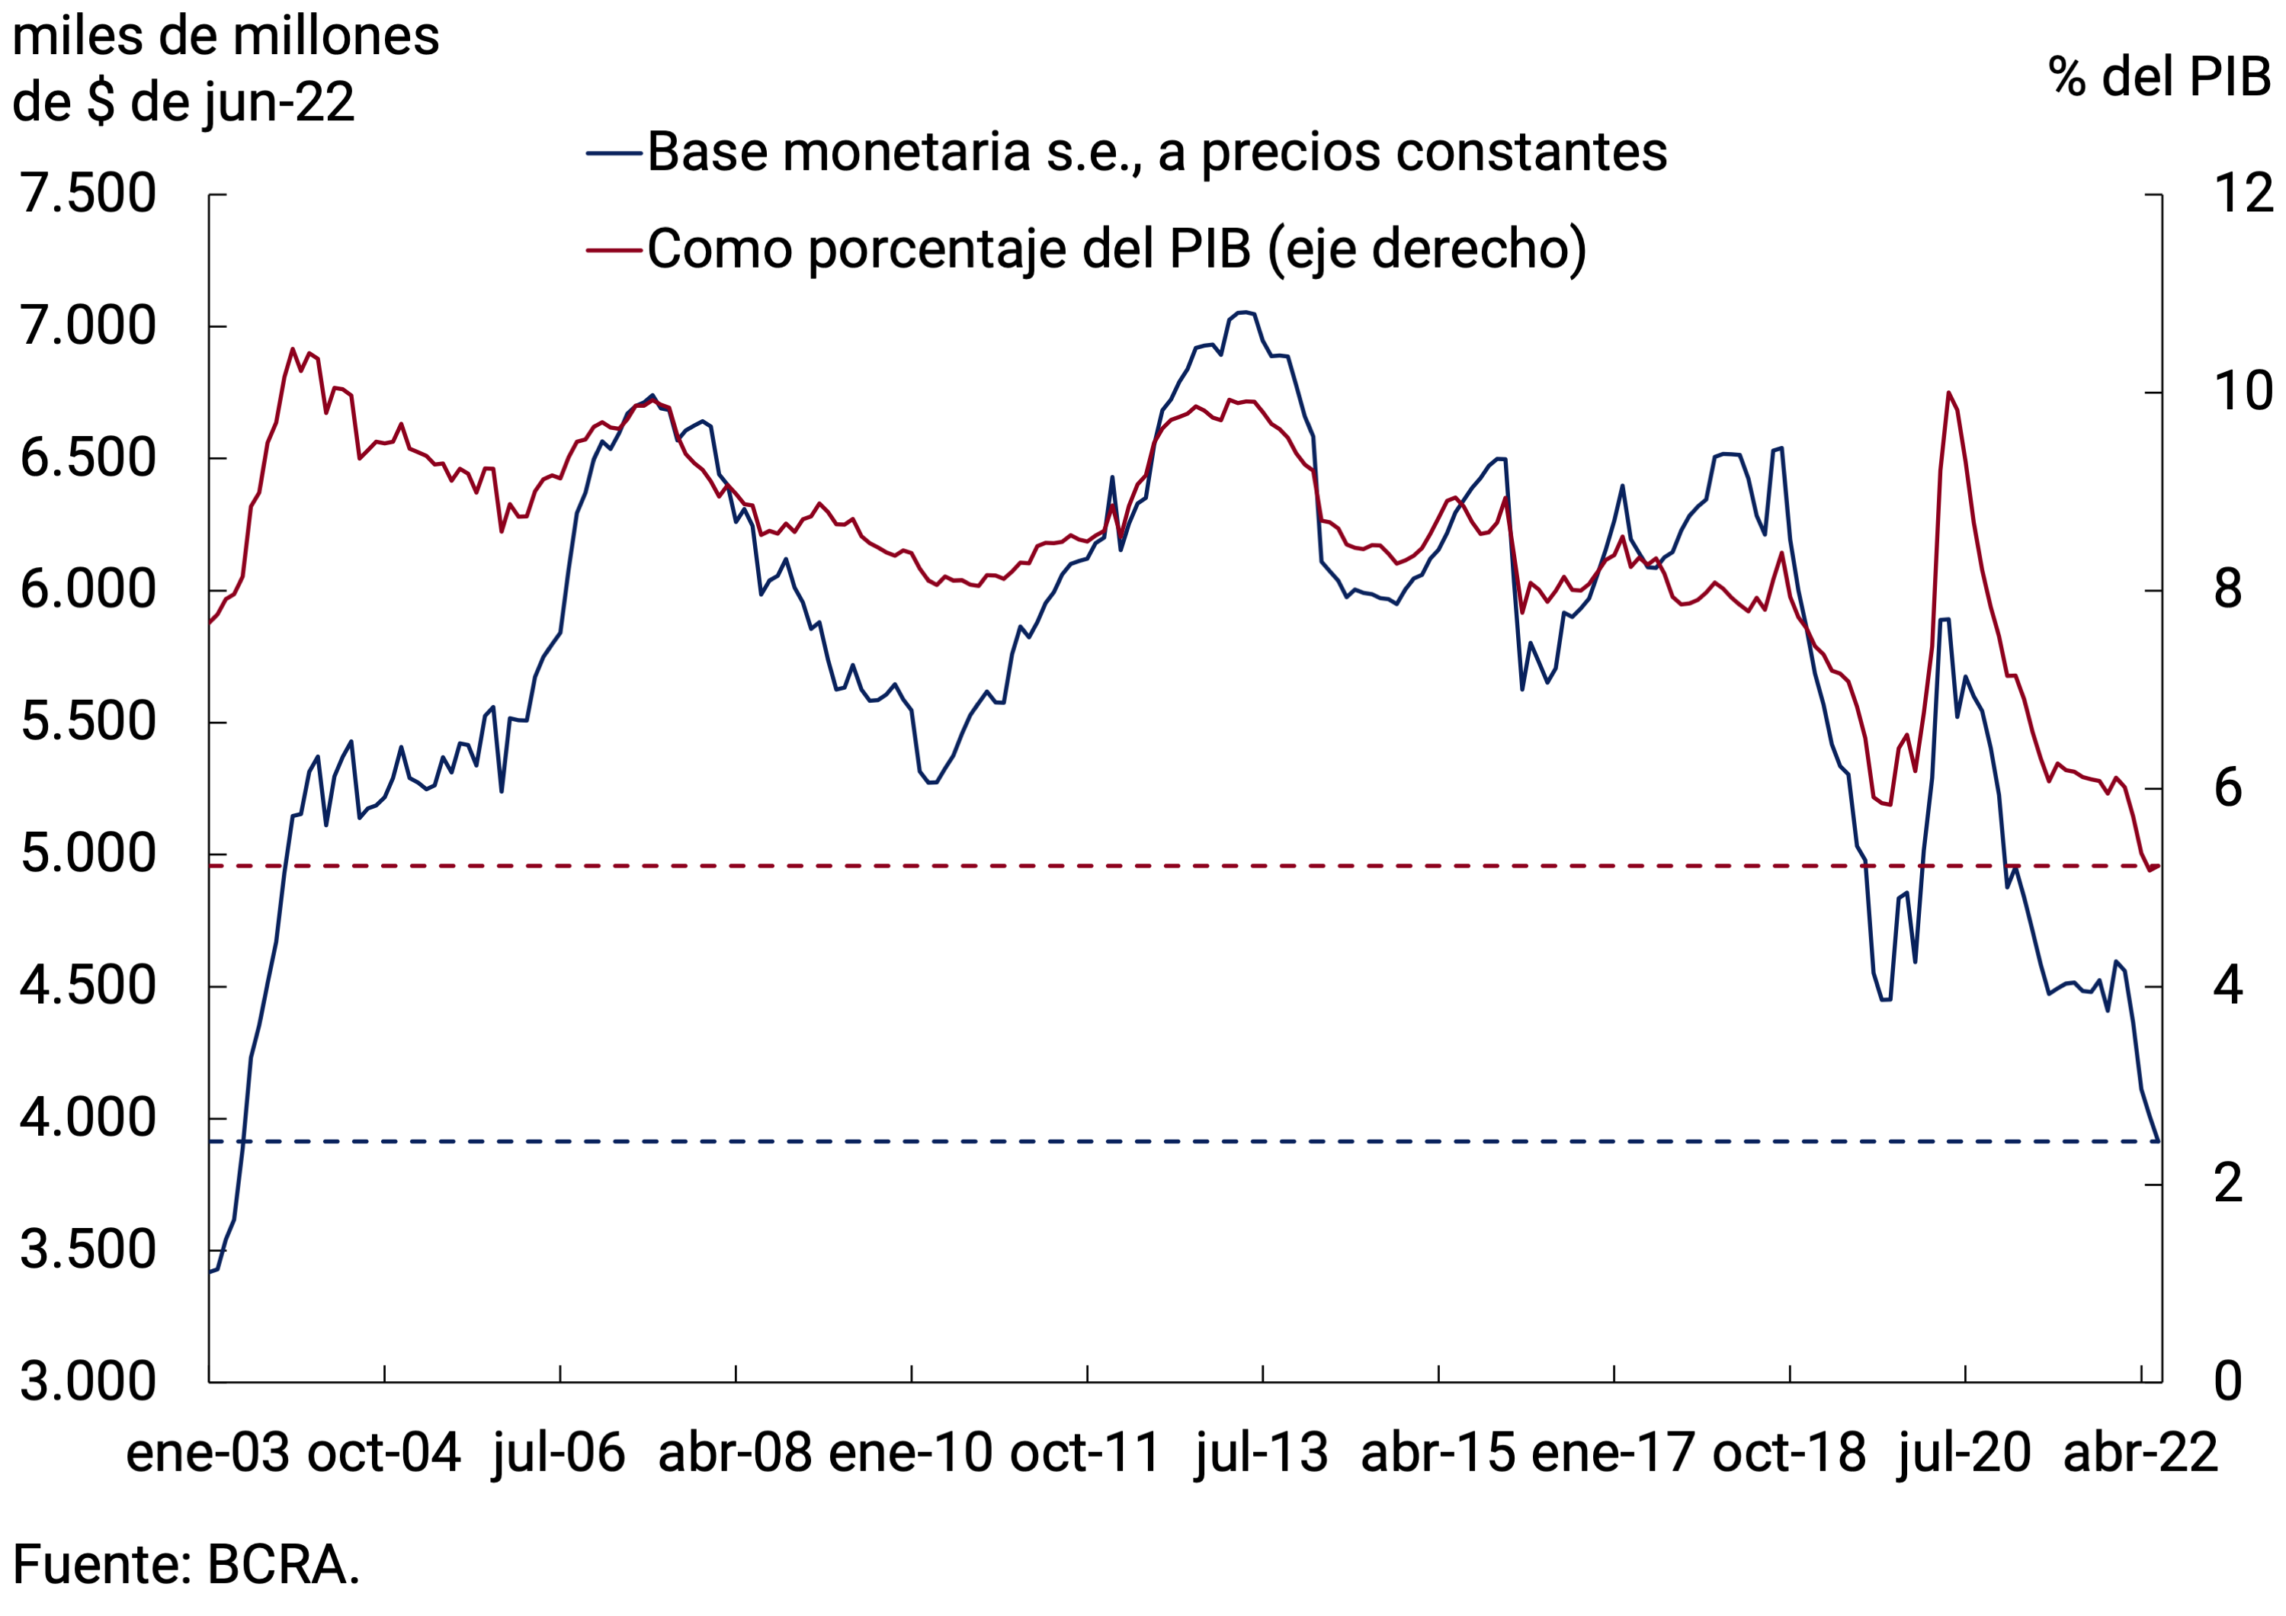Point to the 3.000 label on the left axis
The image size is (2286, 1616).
click(88, 1381)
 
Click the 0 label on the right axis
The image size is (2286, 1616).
click(2227, 1381)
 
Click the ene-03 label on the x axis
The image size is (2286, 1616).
click(208, 1453)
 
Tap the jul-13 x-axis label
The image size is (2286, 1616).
click(1262, 1453)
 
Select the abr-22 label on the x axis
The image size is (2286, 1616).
click(2140, 1453)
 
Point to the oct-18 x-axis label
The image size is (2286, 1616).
click(1788, 1453)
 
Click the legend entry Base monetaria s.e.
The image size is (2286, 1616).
click(1155, 152)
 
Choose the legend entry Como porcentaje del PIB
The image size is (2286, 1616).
click(1115, 249)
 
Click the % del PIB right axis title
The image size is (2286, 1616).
click(2159, 77)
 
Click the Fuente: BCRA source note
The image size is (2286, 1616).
click(186, 1564)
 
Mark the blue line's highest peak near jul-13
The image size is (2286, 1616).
click(1243, 313)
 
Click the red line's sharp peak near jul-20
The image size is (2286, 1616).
click(1948, 393)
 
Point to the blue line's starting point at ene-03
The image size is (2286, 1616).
click(210, 1272)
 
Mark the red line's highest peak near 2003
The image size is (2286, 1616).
click(292, 348)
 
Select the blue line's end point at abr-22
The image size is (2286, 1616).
click(2159, 1141)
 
